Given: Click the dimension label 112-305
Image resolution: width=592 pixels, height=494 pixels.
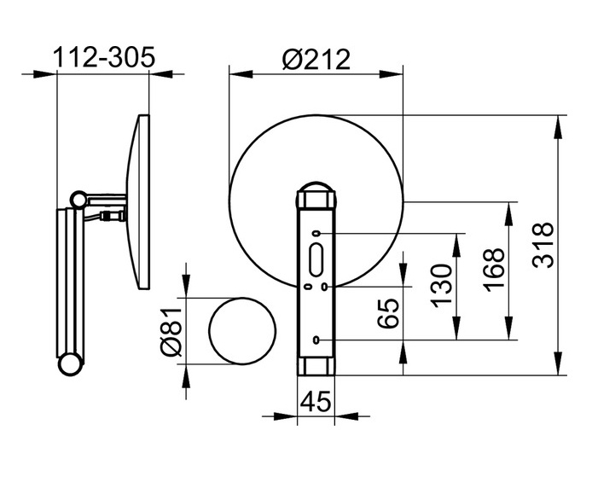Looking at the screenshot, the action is click(x=104, y=57).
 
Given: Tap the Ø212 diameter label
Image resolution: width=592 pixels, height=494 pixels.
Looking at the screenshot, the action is click(x=316, y=59).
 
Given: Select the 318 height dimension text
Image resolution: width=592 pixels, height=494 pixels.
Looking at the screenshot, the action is click(x=543, y=246).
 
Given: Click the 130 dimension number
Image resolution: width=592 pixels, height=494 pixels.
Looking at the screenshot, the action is click(x=441, y=286).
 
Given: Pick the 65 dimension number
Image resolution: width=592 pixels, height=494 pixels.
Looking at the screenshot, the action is click(x=388, y=313).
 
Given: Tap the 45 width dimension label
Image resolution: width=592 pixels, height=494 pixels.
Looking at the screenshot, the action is click(x=316, y=401).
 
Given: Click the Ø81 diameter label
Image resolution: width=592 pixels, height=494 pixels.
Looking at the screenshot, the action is click(x=171, y=331).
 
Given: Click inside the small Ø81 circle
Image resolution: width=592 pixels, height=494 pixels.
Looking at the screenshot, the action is click(x=242, y=331).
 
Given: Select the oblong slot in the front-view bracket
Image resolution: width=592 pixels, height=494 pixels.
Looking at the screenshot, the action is click(x=316, y=259).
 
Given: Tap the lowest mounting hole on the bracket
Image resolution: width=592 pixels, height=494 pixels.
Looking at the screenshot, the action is click(x=316, y=340).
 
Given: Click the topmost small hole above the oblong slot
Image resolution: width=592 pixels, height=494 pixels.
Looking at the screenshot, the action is click(x=316, y=234).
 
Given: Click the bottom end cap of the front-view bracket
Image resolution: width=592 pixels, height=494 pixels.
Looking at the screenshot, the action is click(x=316, y=366).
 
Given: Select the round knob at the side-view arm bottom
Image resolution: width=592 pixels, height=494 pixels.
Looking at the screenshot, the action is click(x=70, y=364).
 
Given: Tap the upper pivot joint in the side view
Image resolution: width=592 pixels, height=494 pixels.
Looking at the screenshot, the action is click(x=79, y=200).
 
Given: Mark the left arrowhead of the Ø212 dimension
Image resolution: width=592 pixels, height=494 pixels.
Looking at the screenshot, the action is click(x=241, y=74).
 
